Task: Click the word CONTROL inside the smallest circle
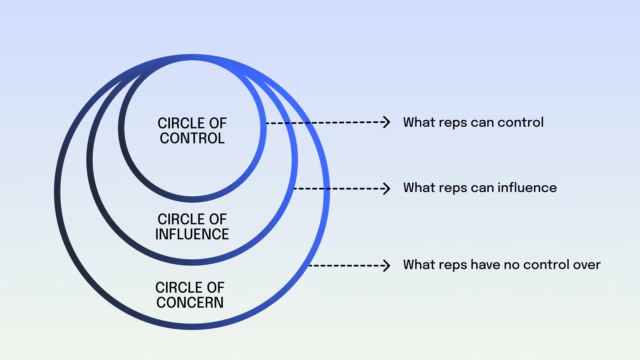(x=192, y=138)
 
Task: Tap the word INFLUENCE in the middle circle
(x=192, y=234)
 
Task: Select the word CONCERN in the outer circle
(x=190, y=303)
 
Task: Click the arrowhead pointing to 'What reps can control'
(x=387, y=122)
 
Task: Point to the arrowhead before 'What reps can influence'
(x=387, y=189)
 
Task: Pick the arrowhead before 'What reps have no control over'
(x=387, y=266)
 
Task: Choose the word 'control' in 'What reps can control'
(x=520, y=122)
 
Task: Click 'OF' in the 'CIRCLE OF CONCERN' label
(x=215, y=288)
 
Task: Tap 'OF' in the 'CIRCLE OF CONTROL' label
(x=218, y=123)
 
